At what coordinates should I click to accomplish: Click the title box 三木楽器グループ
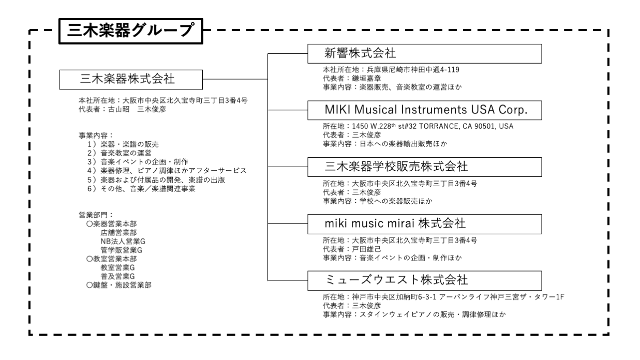pyautogui.click(x=131, y=31)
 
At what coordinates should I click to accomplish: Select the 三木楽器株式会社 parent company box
pyautogui.click(x=131, y=80)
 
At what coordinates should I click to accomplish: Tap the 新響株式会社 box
pyautogui.click(x=425, y=54)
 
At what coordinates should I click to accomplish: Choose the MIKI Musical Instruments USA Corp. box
pyautogui.click(x=425, y=110)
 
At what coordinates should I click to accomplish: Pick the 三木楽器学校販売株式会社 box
pyautogui.click(x=425, y=167)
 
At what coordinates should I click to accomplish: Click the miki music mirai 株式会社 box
pyautogui.click(x=425, y=224)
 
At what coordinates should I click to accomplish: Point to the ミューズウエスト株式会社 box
pyautogui.click(x=425, y=280)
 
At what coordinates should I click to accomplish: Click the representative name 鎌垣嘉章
pyautogui.click(x=367, y=78)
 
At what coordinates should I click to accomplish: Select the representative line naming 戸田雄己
pyautogui.click(x=352, y=249)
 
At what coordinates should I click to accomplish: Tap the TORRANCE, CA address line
pyautogui.click(x=418, y=126)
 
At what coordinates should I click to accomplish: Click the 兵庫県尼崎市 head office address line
pyautogui.click(x=391, y=70)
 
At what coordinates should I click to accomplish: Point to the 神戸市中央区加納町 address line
pyautogui.click(x=443, y=297)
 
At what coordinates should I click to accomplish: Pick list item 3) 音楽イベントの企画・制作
pyautogui.click(x=138, y=162)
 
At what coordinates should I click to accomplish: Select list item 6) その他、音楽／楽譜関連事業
pyautogui.click(x=141, y=189)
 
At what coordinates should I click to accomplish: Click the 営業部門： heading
pyautogui.click(x=96, y=215)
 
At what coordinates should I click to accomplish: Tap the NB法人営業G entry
pyautogui.click(x=123, y=242)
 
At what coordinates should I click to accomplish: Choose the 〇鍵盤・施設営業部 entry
pyautogui.click(x=119, y=285)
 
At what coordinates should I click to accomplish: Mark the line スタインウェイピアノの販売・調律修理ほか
pyautogui.click(x=414, y=314)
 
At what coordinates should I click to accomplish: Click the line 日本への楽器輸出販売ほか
pyautogui.click(x=385, y=144)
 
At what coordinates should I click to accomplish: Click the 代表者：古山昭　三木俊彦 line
pyautogui.click(x=122, y=110)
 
